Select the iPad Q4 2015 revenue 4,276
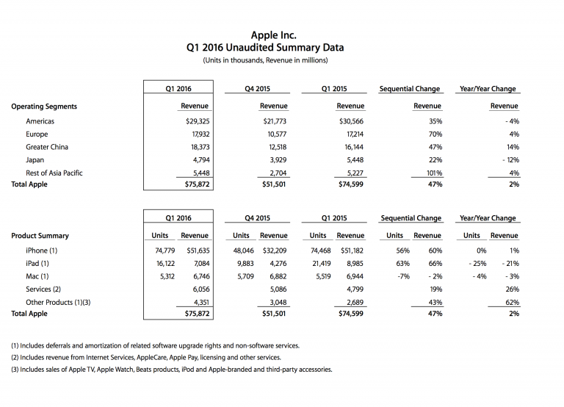coord(277,264)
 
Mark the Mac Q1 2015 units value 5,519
coord(317,277)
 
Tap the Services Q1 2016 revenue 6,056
coord(198,289)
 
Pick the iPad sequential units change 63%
coord(402,264)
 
